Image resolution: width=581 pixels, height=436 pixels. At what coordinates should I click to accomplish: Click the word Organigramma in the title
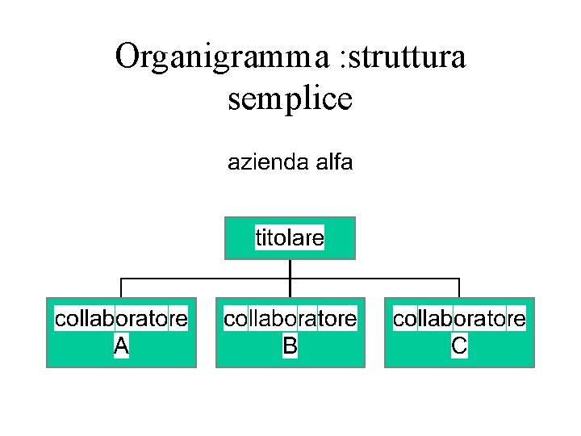pyautogui.click(x=219, y=57)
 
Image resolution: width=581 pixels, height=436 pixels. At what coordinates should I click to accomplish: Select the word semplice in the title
pyautogui.click(x=290, y=99)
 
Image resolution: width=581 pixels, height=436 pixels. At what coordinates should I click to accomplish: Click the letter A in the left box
pyautogui.click(x=121, y=346)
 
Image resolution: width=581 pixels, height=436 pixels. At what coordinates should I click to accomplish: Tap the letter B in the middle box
pyautogui.click(x=290, y=346)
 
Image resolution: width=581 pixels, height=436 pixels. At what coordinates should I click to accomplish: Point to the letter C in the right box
pyautogui.click(x=459, y=346)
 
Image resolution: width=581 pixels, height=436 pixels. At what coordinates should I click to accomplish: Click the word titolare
pyautogui.click(x=290, y=238)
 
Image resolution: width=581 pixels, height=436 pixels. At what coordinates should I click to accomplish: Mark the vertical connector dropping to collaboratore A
pyautogui.click(x=121, y=288)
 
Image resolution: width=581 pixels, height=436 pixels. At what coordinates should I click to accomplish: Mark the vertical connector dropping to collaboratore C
pyautogui.click(x=459, y=288)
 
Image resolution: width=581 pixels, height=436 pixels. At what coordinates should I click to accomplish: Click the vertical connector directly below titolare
pyautogui.click(x=290, y=269)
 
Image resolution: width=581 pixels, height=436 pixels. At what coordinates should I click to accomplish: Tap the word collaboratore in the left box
pyautogui.click(x=121, y=319)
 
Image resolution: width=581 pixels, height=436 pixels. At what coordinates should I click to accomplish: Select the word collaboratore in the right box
pyautogui.click(x=459, y=319)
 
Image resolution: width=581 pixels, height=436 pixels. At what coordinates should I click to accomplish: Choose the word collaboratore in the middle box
pyautogui.click(x=290, y=319)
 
